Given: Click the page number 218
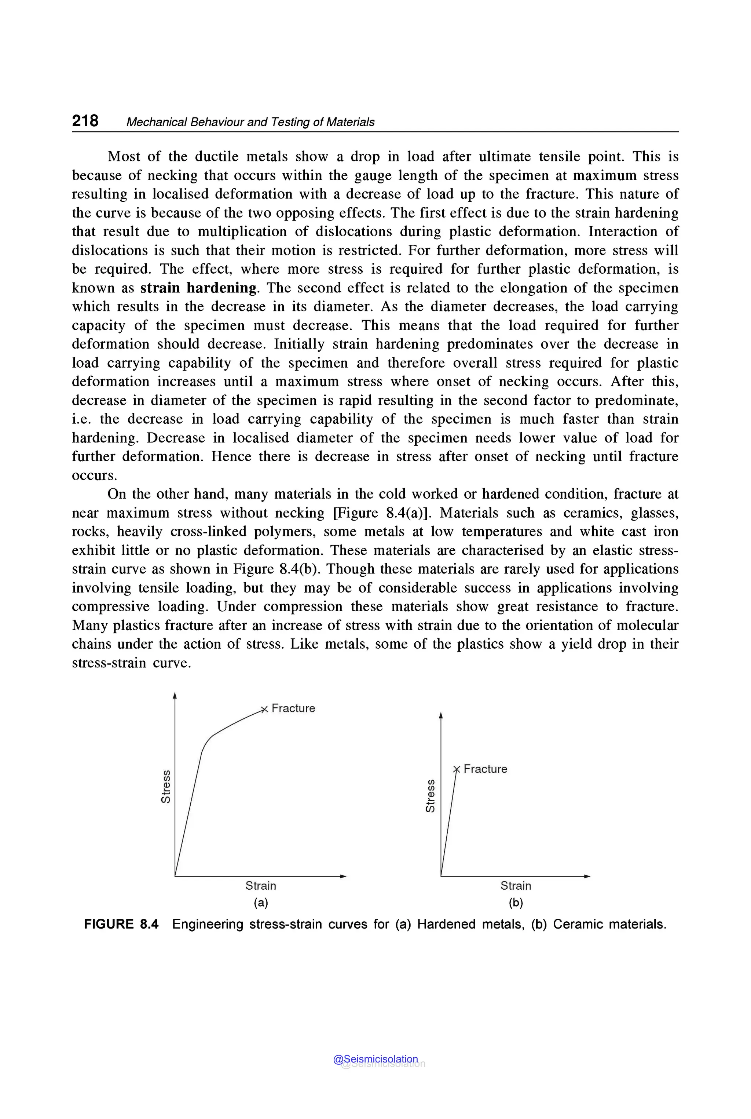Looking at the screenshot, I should pos(85,120).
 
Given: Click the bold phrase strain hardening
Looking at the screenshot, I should pos(199,288).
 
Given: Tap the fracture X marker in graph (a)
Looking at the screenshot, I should pos(263,709).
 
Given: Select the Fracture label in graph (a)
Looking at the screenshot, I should pos(293,708).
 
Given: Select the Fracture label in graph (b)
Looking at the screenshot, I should pos(485,769).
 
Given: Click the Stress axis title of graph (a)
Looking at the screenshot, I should pos(165,786).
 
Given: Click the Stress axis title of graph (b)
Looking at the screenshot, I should pos(430,795).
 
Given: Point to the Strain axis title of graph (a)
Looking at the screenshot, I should pos(261,886).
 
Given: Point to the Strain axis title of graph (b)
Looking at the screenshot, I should pos(516,886).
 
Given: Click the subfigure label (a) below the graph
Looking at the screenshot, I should pos(261,903).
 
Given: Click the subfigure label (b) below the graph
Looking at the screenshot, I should pos(516,903).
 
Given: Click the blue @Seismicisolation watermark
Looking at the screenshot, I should pos(375,1059).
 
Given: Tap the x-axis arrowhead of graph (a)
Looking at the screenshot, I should pos(343,876).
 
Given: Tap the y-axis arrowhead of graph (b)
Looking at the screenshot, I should pos(441,715).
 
